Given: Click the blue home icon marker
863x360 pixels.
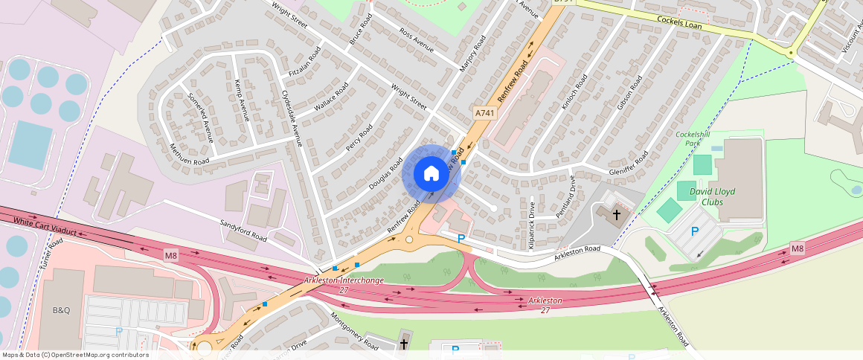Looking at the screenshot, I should (431, 174).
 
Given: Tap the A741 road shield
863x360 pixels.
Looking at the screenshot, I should (484, 113).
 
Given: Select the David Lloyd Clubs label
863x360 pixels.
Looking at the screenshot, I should (711, 196).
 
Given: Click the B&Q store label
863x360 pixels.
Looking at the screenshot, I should (61, 310).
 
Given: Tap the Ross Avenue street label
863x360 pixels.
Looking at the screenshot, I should (417, 41).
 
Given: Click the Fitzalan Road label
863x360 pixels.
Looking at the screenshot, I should (304, 64).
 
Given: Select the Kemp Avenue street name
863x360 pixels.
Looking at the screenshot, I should (241, 100).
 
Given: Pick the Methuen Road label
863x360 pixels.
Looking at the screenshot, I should (189, 154).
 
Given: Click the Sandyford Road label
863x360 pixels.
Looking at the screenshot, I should (243, 231).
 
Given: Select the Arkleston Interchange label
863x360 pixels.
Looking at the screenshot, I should (344, 284).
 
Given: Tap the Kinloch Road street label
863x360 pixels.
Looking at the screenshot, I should (574, 92).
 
